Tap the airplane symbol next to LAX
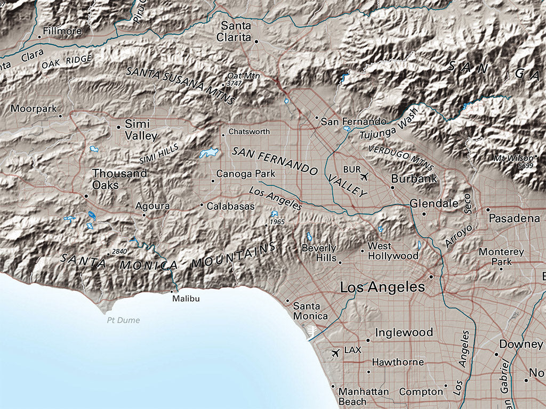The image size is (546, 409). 335,353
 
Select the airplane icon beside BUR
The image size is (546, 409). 364,176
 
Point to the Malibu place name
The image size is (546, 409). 186,299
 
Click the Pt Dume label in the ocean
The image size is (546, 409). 123,320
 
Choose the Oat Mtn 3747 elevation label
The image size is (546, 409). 243,79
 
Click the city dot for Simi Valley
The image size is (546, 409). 118,127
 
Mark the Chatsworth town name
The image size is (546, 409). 249,132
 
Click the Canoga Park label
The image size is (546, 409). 246,174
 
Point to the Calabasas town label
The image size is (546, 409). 230,206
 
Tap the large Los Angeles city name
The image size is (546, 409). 382,288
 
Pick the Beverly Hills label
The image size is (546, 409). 319,253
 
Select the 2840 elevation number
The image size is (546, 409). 119,251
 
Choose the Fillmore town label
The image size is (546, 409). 63,31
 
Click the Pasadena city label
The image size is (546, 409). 514,218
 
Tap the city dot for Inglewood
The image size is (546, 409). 368,340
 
